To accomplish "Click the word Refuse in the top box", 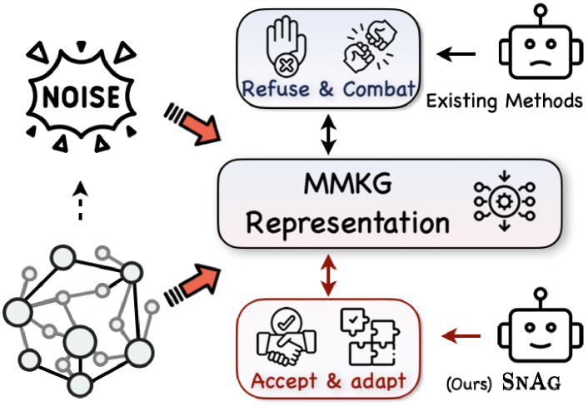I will [276, 88].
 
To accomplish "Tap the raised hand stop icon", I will [286, 47].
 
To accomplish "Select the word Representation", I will [347, 223].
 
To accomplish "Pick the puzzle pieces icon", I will [371, 337].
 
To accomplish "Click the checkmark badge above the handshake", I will [287, 321].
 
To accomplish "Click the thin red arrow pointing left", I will [461, 336].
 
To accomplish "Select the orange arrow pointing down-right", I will [197, 124].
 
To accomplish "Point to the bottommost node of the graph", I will [79, 384].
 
